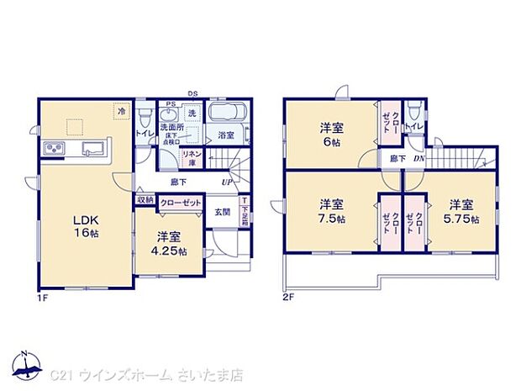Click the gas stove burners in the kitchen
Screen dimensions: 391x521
click(54, 150)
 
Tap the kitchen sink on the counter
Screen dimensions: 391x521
click(92, 150)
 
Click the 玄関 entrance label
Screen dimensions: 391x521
click(221, 213)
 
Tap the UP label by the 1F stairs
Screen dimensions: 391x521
click(227, 182)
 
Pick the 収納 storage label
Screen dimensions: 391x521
click(145, 202)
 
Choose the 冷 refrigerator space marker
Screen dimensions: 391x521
click(121, 111)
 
